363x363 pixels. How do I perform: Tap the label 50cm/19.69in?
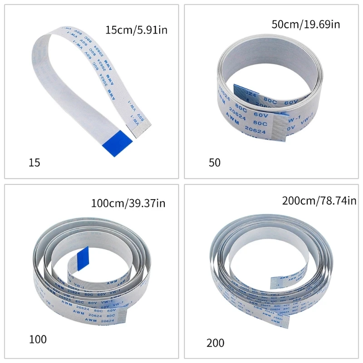pyautogui.click(x=305, y=24)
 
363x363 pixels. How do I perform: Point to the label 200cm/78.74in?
pyautogui.click(x=319, y=200)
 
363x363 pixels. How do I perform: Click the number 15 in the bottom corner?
pyautogui.click(x=34, y=162)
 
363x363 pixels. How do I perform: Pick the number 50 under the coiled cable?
pyautogui.click(x=214, y=162)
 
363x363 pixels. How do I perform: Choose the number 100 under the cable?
pyautogui.click(x=37, y=339)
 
